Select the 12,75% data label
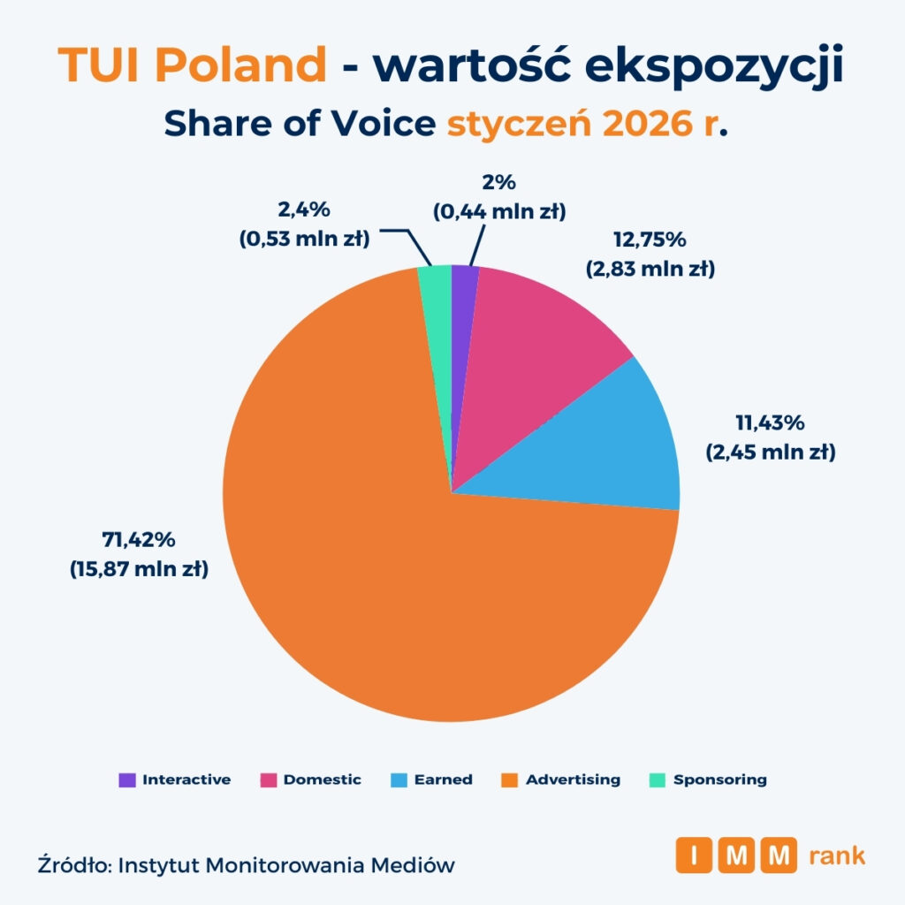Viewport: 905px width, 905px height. (x=650, y=240)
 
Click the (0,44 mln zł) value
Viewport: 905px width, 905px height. (x=498, y=211)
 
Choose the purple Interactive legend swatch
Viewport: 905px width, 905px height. (x=127, y=780)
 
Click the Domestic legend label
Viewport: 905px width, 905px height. (x=322, y=780)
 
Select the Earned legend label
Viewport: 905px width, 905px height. (x=443, y=780)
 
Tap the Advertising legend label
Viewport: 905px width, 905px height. (x=573, y=780)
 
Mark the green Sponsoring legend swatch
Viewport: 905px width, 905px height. (x=658, y=780)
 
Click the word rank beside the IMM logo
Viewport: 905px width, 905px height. (x=836, y=855)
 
